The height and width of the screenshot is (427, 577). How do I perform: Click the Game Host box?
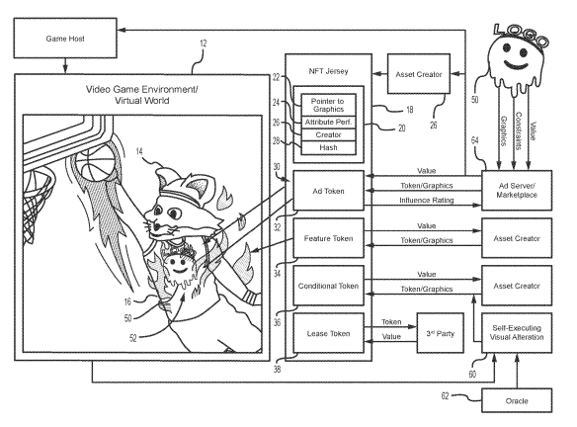click(x=65, y=39)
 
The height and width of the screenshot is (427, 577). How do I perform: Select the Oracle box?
click(x=517, y=400)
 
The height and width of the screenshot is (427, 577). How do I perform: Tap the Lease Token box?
click(x=328, y=333)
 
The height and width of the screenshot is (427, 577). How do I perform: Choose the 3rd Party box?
click(x=440, y=333)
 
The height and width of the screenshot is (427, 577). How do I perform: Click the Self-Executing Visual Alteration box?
click(x=517, y=333)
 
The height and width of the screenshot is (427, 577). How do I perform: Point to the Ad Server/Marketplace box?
click(x=517, y=191)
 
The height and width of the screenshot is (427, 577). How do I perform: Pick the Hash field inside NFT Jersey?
click(x=328, y=147)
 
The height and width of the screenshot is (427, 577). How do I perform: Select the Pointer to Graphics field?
click(x=328, y=105)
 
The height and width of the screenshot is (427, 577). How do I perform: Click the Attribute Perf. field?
click(x=328, y=123)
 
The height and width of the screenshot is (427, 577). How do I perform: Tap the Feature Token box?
click(x=328, y=238)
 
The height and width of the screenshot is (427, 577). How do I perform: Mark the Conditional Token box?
click(x=328, y=286)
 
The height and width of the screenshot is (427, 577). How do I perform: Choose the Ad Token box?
click(x=328, y=191)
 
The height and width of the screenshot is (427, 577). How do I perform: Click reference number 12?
click(x=204, y=43)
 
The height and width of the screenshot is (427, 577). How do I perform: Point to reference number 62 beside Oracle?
click(x=445, y=395)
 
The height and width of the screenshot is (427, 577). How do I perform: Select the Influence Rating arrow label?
click(x=427, y=201)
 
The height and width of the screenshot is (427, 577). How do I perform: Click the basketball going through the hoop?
click(x=97, y=162)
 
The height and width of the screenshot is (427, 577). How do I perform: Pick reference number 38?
click(x=277, y=369)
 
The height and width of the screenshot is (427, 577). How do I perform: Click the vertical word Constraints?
click(x=518, y=131)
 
